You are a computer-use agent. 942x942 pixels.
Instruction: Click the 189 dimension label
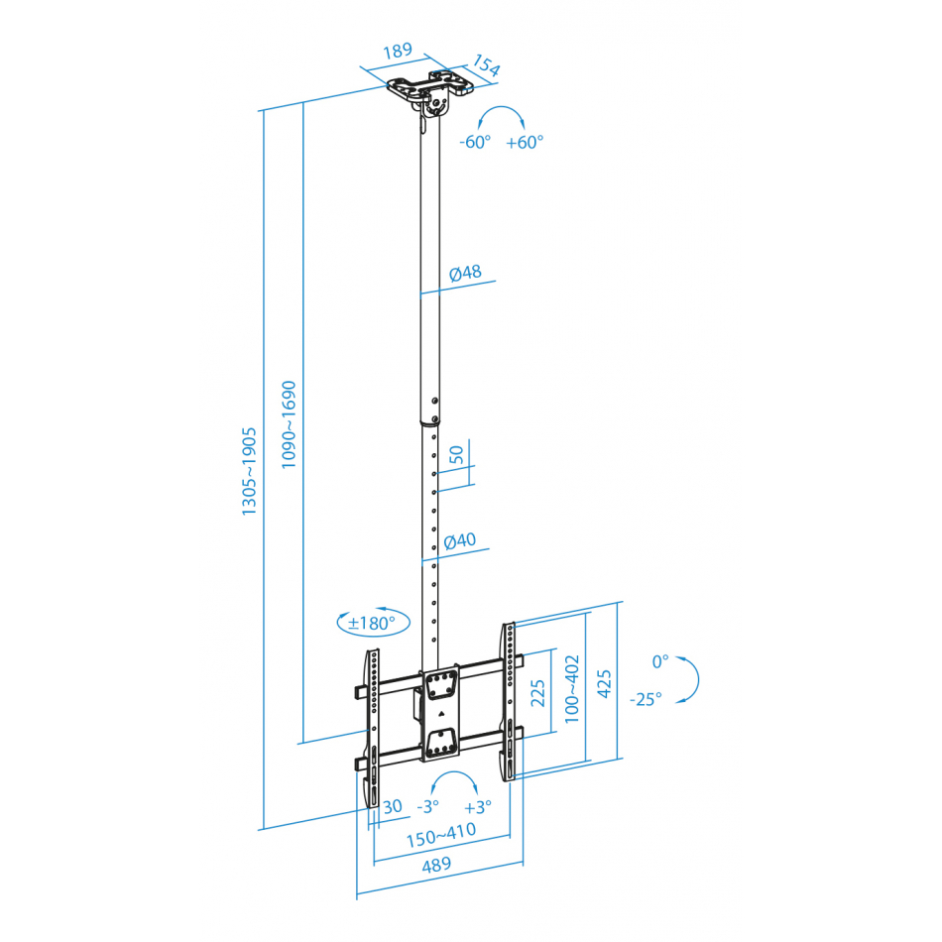pyautogui.click(x=398, y=51)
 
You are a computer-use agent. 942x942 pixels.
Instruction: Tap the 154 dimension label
pyautogui.click(x=486, y=65)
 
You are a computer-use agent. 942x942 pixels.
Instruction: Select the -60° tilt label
pyautogui.click(x=475, y=142)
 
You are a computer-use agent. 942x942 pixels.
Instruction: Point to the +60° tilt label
pyautogui.click(x=525, y=142)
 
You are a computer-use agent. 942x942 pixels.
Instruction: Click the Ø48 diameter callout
pyautogui.click(x=466, y=273)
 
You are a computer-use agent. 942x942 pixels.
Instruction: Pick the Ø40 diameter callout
pyautogui.click(x=459, y=540)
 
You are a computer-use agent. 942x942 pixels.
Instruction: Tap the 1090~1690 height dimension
pyautogui.click(x=289, y=424)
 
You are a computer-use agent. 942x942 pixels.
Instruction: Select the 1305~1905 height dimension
pyautogui.click(x=249, y=471)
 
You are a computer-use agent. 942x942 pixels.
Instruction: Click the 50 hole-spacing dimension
pyautogui.click(x=457, y=454)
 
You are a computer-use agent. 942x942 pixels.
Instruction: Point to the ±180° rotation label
pyautogui.click(x=373, y=623)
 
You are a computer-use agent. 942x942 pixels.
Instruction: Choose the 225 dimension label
pyautogui.click(x=537, y=693)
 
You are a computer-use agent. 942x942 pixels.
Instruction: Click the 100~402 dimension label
pyautogui.click(x=572, y=688)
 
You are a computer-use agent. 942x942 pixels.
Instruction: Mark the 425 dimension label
pyautogui.click(x=604, y=683)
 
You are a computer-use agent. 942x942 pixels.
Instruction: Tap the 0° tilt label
pyautogui.click(x=660, y=661)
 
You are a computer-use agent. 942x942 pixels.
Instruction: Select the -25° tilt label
pyautogui.click(x=646, y=699)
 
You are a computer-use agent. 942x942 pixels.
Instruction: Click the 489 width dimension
pyautogui.click(x=436, y=865)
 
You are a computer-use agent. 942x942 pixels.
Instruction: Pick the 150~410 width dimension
pyautogui.click(x=441, y=835)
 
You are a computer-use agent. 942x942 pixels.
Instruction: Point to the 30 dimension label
pyautogui.click(x=393, y=806)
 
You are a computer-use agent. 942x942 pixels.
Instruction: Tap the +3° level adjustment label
pyautogui.click(x=478, y=807)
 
